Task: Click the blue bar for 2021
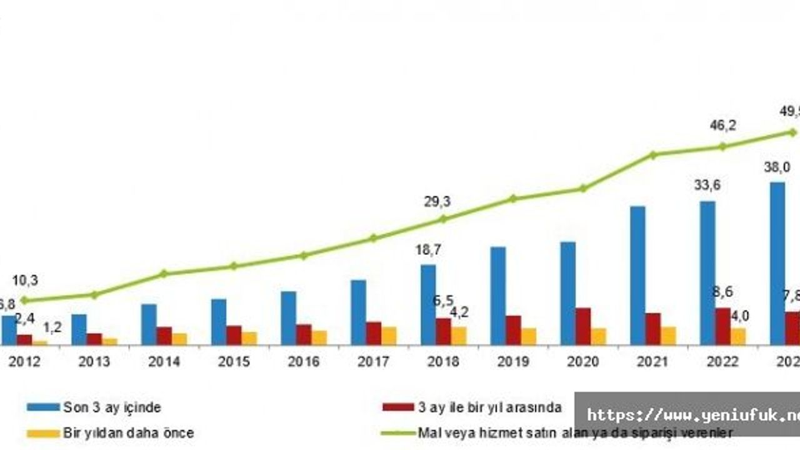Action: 637,275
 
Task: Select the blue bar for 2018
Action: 428,304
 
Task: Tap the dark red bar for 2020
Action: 583,326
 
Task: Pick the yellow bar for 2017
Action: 389,336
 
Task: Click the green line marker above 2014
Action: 164,273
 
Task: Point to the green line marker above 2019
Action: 513,199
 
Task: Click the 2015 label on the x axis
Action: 234,362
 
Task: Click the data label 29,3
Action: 437,202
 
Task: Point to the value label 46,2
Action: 722,126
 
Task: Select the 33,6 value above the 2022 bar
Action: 707,185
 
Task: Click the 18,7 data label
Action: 429,251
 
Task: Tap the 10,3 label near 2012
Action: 25,281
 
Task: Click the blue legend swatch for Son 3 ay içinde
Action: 42,407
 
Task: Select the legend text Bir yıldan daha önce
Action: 128,432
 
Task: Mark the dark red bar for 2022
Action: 722,326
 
